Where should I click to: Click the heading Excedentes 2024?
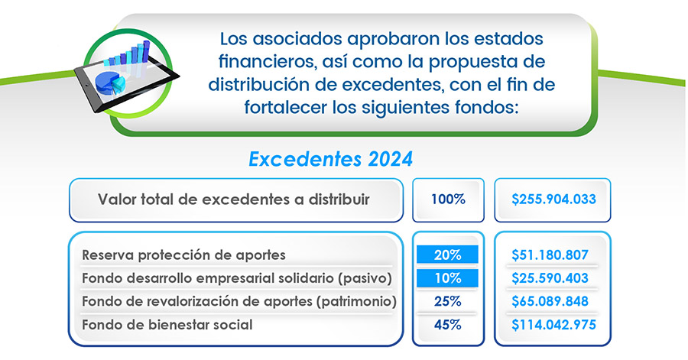point(330,159)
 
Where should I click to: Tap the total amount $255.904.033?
point(553,199)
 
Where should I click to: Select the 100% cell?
point(448,199)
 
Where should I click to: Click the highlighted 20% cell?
point(447,255)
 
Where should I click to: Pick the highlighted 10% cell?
point(447,278)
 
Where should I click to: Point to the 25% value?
point(447,301)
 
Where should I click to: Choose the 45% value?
point(447,325)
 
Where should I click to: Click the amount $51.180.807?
point(550,255)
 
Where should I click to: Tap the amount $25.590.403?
point(550,278)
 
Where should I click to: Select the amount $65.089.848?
point(550,301)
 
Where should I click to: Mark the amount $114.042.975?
point(553,325)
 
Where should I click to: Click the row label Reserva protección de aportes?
point(183,255)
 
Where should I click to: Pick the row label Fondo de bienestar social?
point(167,325)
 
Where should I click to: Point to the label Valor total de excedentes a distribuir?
point(233,199)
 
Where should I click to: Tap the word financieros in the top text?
point(267,61)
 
